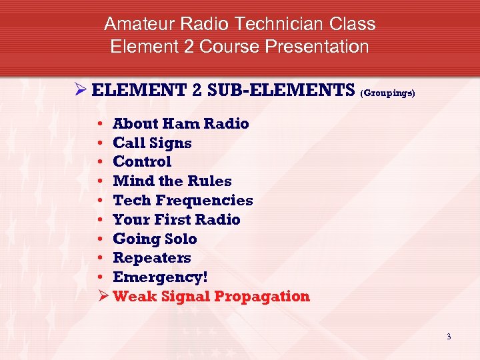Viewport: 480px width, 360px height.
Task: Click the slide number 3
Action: click(x=449, y=337)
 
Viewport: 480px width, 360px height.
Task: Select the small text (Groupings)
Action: click(x=387, y=94)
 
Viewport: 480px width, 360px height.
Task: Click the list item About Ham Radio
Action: click(x=181, y=123)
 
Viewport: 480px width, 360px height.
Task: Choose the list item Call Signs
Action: click(x=152, y=143)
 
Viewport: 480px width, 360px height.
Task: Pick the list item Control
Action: click(x=142, y=161)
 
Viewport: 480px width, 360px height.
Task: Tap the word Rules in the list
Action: click(x=210, y=181)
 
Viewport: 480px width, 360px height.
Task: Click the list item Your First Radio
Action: click(x=177, y=219)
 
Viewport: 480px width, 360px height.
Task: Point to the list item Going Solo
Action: click(x=155, y=239)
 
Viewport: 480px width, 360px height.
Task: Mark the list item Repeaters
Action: click(x=152, y=257)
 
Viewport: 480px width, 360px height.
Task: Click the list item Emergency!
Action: click(x=156, y=277)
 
